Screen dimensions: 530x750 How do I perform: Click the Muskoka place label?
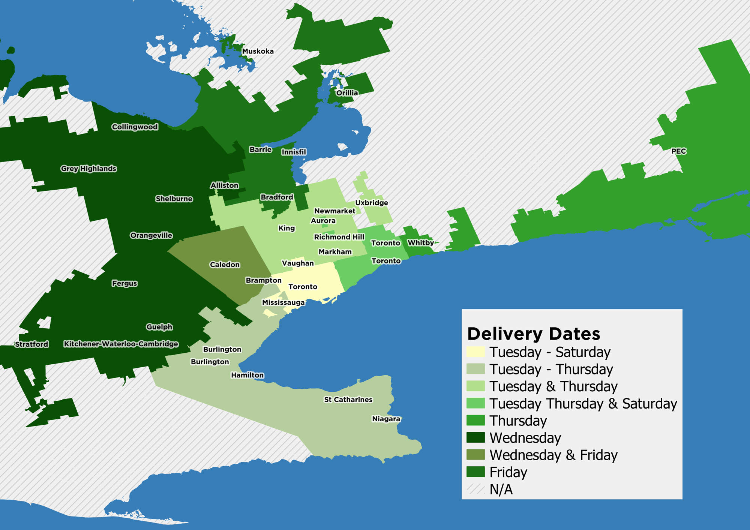(258, 51)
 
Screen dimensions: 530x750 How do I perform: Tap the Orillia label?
(347, 93)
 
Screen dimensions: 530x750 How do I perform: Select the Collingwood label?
(135, 127)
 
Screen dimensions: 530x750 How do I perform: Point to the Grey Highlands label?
(88, 169)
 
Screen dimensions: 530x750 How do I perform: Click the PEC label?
(678, 151)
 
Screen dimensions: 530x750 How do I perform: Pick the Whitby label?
(420, 243)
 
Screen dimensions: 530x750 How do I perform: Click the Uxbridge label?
(371, 203)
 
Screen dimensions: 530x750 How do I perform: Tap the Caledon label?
(225, 265)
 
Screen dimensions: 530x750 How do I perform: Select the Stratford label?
(31, 344)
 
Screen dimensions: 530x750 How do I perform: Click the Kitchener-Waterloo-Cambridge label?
(121, 344)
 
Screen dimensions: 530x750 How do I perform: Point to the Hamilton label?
(247, 375)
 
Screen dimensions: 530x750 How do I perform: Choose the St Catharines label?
(348, 400)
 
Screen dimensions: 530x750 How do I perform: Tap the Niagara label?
(386, 419)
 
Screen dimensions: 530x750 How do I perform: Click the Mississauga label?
(283, 302)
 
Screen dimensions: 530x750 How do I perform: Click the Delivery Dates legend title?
(533, 334)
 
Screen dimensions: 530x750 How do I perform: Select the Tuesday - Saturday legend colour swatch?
(475, 352)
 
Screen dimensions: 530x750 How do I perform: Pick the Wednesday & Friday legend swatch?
(475, 455)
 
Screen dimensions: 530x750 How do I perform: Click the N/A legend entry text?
(501, 490)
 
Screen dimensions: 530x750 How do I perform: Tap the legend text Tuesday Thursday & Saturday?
(583, 404)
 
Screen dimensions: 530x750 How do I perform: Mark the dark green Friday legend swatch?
(475, 472)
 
